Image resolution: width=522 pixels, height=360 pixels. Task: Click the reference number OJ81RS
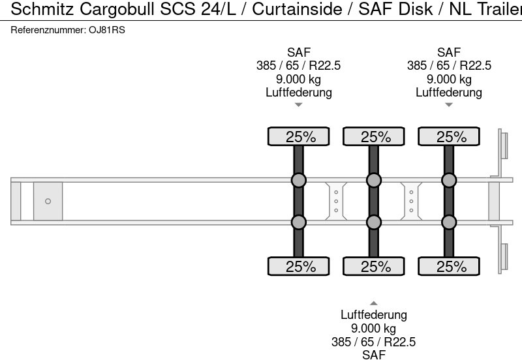(x=107, y=30)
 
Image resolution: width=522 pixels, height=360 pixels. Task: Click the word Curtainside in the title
(x=297, y=9)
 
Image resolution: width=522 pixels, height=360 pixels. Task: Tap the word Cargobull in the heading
(x=117, y=9)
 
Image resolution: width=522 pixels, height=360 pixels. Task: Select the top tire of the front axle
(x=299, y=136)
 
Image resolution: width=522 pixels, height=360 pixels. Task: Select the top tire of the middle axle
(x=374, y=136)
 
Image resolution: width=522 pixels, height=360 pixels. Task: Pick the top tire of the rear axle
(x=449, y=136)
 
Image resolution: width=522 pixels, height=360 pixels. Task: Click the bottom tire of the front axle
(x=299, y=266)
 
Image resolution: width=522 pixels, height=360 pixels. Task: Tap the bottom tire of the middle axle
(x=374, y=266)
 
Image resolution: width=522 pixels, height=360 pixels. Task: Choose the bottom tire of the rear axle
(x=449, y=266)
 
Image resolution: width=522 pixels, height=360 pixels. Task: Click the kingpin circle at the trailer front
(x=48, y=202)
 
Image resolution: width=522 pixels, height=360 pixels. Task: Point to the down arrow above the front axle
(x=299, y=105)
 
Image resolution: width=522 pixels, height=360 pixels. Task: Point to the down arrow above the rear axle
(x=449, y=105)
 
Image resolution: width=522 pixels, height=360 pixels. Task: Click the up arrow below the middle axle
(x=374, y=303)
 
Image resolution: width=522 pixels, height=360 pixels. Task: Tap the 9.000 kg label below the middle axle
(x=373, y=329)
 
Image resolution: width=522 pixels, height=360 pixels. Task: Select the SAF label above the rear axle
(x=449, y=52)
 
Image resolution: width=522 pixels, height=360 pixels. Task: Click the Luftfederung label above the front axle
(x=299, y=92)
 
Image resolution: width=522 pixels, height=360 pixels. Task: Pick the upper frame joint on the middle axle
(x=374, y=181)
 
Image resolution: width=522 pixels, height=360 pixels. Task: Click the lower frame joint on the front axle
(x=299, y=222)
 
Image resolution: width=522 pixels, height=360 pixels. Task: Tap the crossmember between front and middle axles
(x=336, y=202)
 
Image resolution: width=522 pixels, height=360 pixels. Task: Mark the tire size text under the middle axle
(x=373, y=342)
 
